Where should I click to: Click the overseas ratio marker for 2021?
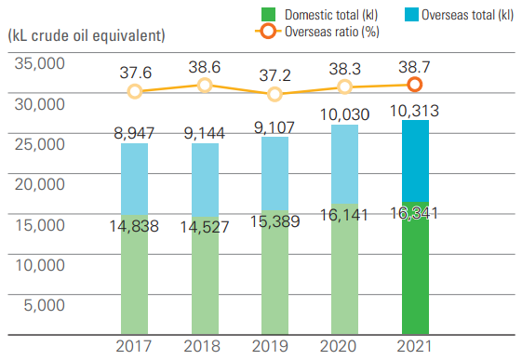(415, 84)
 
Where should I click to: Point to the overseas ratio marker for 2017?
(135, 91)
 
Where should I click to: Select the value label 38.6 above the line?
(205, 68)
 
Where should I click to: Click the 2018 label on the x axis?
(205, 347)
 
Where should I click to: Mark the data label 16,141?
(345, 213)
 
